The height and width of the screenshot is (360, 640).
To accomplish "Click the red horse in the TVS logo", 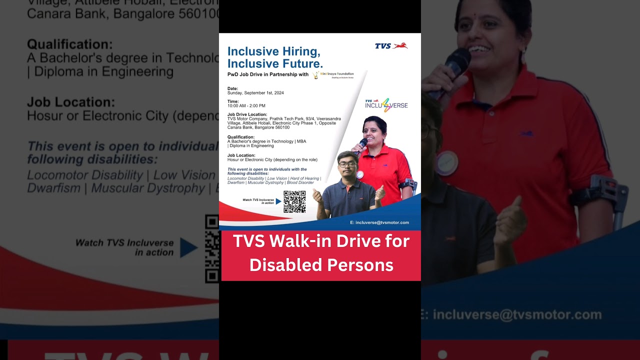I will pyautogui.click(x=400, y=45).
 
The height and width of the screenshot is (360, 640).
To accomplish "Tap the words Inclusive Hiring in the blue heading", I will pyautogui.click(x=273, y=51).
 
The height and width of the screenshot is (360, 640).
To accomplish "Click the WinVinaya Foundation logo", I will pyautogui.click(x=333, y=75).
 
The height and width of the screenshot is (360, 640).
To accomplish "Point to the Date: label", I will pyautogui.click(x=232, y=88).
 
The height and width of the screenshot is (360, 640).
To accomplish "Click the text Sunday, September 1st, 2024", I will pyautogui.click(x=255, y=93).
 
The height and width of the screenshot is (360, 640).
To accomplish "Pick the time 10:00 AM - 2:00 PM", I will pyautogui.click(x=246, y=105).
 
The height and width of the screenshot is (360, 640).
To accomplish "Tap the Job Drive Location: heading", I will pyautogui.click(x=247, y=114).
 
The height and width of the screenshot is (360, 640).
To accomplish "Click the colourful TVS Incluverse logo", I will pyautogui.click(x=386, y=105).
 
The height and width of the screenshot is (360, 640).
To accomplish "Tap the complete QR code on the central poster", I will pyautogui.click(x=294, y=201).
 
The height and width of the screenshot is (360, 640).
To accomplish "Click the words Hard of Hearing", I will pyautogui.click(x=304, y=178).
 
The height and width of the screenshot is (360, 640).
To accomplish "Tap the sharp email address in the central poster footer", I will pyautogui.click(x=379, y=222).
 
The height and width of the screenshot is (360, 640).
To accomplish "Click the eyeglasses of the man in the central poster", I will pyautogui.click(x=347, y=163).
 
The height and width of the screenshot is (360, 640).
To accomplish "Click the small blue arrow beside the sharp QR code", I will pyautogui.click(x=278, y=201).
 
